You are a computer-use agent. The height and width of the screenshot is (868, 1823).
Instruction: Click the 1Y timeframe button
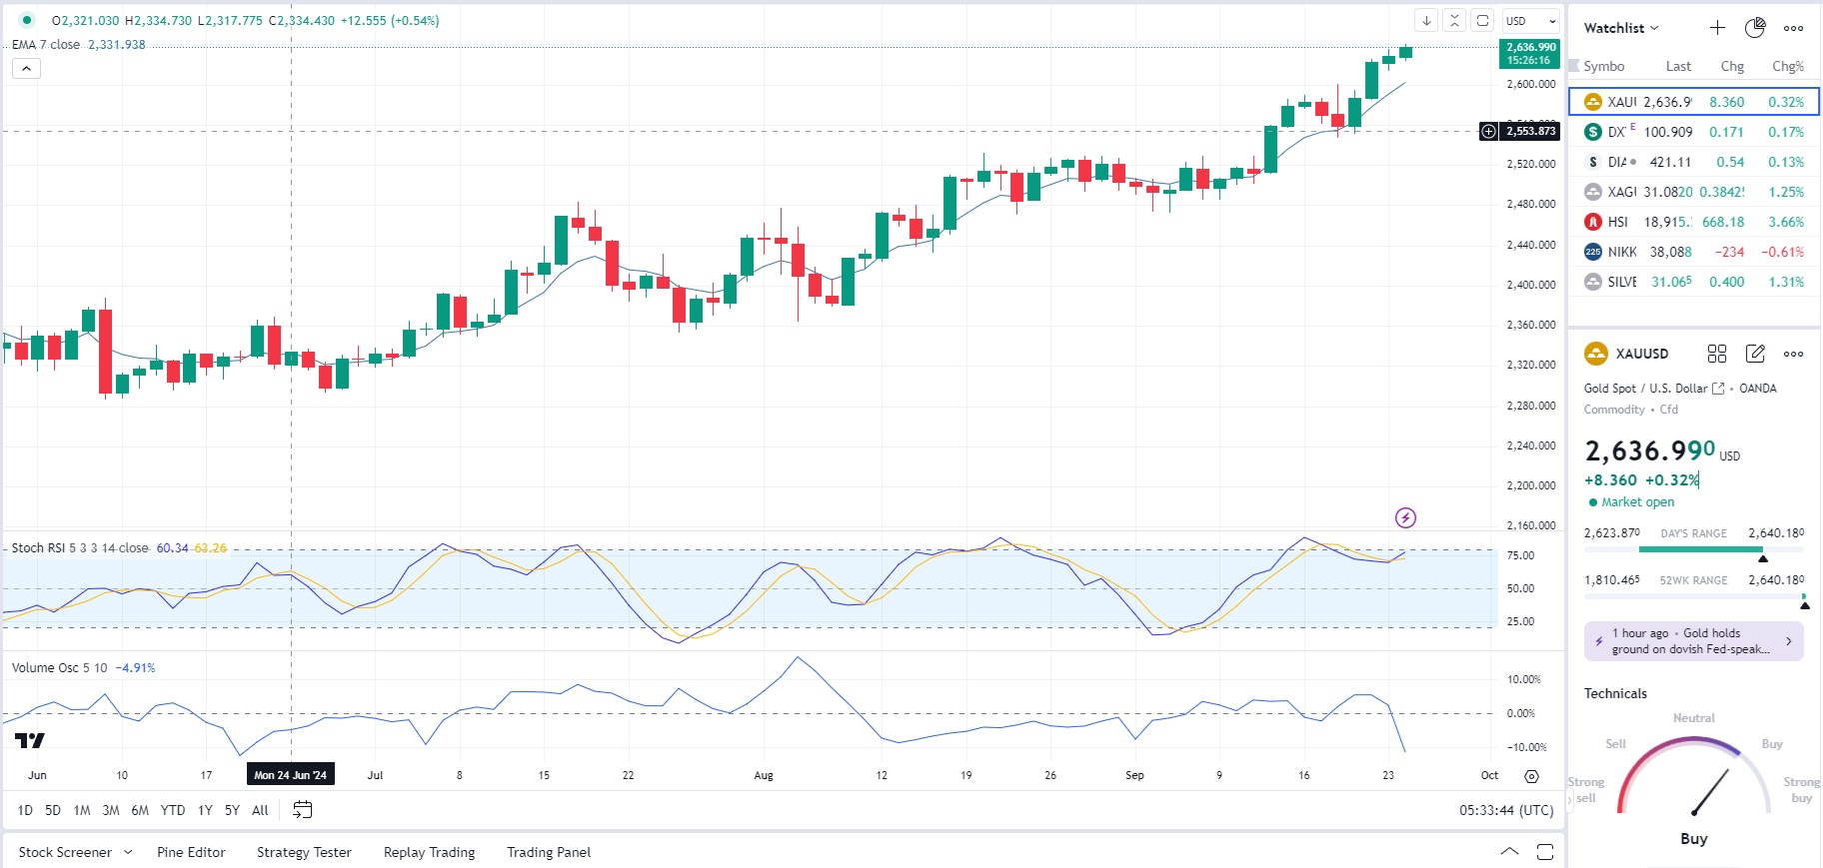point(205,810)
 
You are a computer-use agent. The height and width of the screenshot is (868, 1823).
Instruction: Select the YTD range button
point(173,810)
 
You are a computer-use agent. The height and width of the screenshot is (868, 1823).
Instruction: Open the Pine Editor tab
point(191,852)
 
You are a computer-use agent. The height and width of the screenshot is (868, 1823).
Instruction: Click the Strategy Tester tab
point(304,852)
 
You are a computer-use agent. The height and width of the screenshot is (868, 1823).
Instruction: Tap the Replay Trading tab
point(429,852)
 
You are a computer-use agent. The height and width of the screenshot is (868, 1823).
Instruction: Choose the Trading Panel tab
point(549,852)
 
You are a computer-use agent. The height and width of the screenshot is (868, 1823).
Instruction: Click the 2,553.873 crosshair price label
point(1530,131)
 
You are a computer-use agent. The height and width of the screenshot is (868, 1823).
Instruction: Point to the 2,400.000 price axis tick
point(1531,285)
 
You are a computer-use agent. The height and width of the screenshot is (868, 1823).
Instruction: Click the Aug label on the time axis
point(764,775)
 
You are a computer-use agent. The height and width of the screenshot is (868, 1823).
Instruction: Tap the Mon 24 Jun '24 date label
point(290,775)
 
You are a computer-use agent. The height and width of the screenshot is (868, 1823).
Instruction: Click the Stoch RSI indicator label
point(79,548)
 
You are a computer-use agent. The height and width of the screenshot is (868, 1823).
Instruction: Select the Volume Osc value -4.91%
point(135,668)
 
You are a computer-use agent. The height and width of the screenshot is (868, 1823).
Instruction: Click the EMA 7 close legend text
point(46,45)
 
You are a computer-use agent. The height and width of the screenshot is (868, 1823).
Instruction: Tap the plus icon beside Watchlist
point(1717,28)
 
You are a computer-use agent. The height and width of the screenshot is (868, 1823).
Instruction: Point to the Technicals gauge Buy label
point(1693,839)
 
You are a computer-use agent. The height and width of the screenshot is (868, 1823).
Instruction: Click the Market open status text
point(1637,502)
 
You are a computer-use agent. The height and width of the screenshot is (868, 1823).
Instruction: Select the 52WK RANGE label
point(1693,580)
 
